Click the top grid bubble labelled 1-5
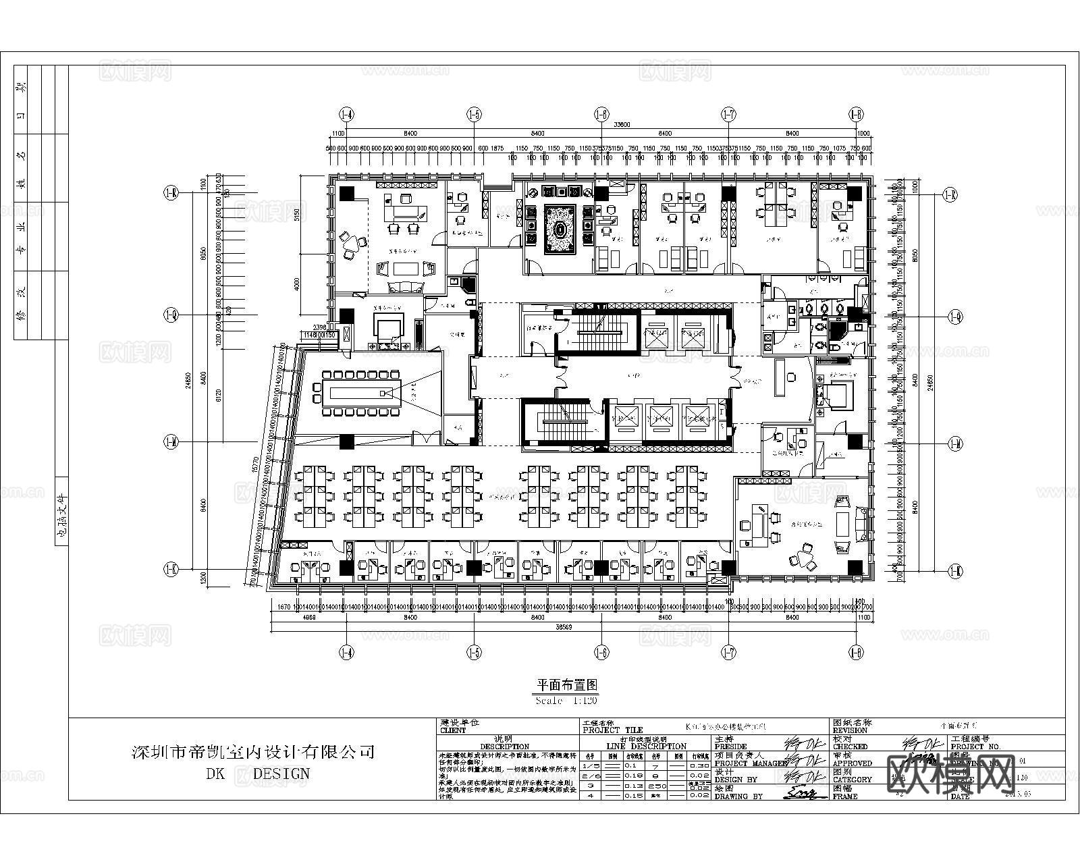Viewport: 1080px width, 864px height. pos(475,115)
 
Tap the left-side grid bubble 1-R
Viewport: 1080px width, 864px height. pos(170,194)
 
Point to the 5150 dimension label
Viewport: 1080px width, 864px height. pos(297,215)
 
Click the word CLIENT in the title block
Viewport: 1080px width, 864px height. pos(453,730)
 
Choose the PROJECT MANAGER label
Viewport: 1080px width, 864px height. pos(750,763)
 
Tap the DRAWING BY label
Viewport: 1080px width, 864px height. pos(738,796)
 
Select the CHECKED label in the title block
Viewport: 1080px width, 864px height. pos(850,747)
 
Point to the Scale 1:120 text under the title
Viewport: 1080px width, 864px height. pos(566,701)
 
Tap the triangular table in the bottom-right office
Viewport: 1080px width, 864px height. pos(803,560)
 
